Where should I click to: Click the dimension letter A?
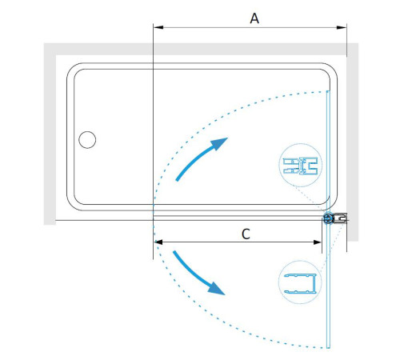coord(254,18)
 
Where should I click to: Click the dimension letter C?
coord(246,234)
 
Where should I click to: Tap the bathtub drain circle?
coord(87,139)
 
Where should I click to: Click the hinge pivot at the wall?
coord(328,218)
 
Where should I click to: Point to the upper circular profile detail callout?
coord(301,165)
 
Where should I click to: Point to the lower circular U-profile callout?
coord(300,282)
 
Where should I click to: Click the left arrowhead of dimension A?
coord(158,27)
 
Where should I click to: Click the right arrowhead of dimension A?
coord(342,27)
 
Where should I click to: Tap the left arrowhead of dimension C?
coord(158,242)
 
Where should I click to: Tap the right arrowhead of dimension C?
coord(318,242)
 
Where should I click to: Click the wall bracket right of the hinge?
coord(341,218)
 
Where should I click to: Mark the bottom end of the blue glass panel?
coord(328,348)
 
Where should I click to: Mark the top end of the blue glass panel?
coord(328,91)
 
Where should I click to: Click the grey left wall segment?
coord(50,134)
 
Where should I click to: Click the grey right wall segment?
coord(353,142)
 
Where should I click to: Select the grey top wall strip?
coord(201,49)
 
